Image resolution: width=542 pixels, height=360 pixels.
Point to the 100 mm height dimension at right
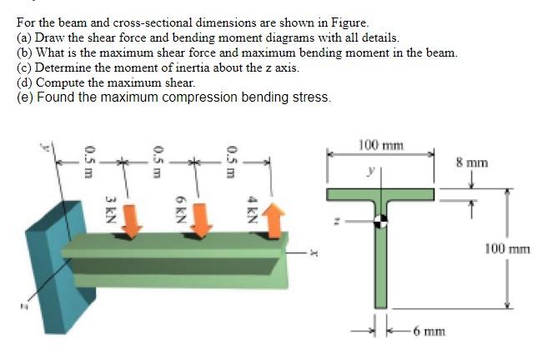507,248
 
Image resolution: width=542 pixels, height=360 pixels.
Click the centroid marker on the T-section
379,221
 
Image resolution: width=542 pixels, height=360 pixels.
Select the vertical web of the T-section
379,267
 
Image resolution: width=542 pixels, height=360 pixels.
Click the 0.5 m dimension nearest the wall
88,158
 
